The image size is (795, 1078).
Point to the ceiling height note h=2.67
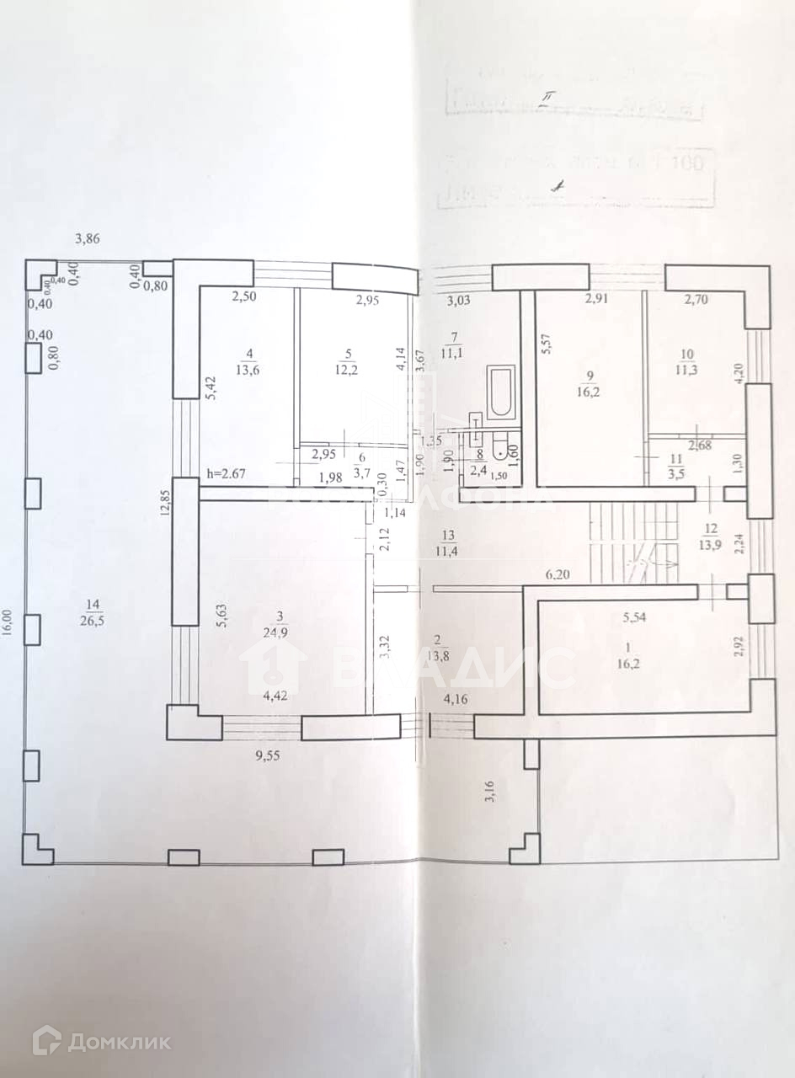pos(226,475)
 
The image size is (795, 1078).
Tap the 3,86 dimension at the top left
pos(88,238)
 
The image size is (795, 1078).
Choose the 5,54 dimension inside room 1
pos(638,617)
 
